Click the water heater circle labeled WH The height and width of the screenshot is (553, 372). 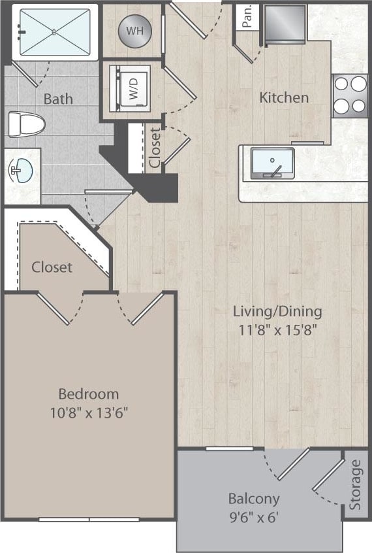tap(133, 30)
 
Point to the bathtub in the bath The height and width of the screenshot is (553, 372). tap(54, 31)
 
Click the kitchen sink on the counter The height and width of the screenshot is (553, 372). tap(272, 163)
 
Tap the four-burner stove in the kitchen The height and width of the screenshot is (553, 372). tap(350, 95)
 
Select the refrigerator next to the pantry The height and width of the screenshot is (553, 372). tap(285, 25)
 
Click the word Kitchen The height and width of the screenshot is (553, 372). tap(284, 98)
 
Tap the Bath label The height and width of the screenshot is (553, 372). tap(58, 99)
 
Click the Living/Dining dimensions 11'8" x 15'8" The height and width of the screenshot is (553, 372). tap(278, 330)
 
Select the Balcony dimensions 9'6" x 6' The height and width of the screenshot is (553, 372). tap(254, 517)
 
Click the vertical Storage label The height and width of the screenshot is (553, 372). tap(355, 485)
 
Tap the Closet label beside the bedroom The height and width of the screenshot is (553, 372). tap(52, 267)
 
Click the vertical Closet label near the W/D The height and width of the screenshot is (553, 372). tap(155, 148)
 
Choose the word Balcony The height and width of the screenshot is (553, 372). tap(254, 499)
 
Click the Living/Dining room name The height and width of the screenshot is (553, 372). tap(278, 311)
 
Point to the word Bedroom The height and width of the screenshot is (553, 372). tap(89, 394)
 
